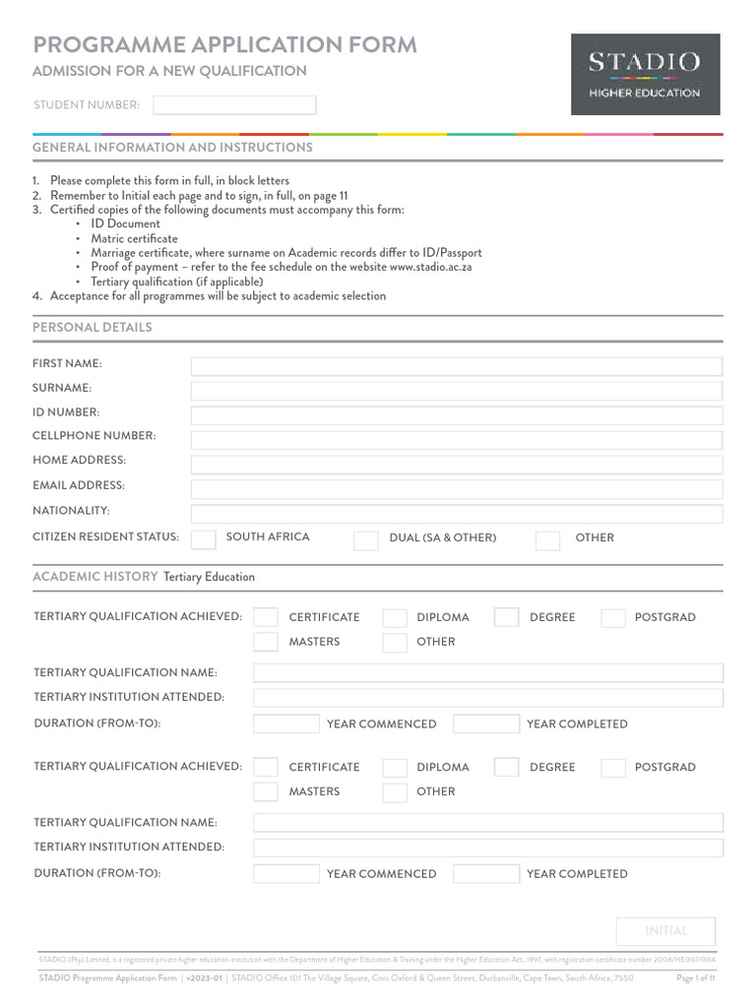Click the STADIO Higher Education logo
coord(645,74)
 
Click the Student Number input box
coord(234,105)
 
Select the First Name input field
coord(456,366)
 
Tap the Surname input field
coord(456,391)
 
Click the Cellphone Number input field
coord(456,440)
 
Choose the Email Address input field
coord(456,489)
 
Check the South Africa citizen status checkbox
coord(204,538)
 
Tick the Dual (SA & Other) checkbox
coord(365,539)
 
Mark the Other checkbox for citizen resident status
coord(547,539)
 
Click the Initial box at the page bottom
coord(665,931)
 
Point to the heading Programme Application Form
coord(224,44)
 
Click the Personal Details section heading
coord(93,327)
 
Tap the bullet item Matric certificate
coord(134,238)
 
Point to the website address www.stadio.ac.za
coord(430,267)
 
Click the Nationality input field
coord(456,514)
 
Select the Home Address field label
coord(79,460)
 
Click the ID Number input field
coord(456,415)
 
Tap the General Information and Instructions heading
coord(172,147)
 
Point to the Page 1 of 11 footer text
coord(696,978)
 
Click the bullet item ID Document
coord(125,223)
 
